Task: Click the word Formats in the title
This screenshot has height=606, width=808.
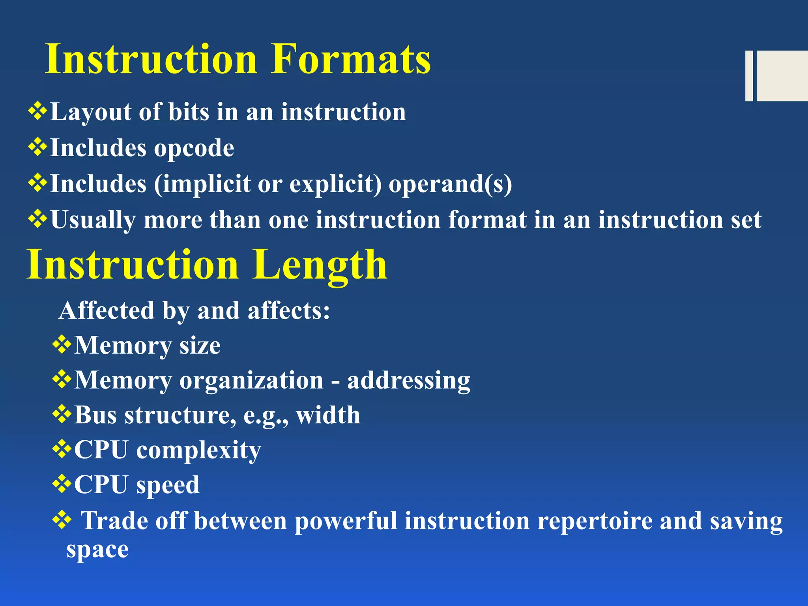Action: click(351, 59)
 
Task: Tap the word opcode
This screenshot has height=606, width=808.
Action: click(194, 149)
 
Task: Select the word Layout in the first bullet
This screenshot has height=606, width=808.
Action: click(91, 112)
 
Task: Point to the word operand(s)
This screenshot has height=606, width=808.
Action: click(450, 184)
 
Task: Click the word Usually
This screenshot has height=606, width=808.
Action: click(93, 220)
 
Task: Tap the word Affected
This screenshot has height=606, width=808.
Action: click(106, 310)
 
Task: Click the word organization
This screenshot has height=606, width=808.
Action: click(252, 380)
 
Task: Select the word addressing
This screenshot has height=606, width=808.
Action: click(409, 380)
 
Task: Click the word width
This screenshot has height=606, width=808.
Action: click(328, 415)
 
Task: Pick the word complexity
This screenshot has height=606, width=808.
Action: click(198, 450)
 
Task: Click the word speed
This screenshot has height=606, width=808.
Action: click(168, 485)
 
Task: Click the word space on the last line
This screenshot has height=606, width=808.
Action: click(97, 550)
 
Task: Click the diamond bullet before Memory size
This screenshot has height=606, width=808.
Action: click(62, 345)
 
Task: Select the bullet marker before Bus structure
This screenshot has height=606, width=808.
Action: click(62, 414)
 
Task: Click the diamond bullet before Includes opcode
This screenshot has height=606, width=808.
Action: click(37, 148)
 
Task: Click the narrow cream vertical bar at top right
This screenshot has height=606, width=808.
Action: click(749, 76)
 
